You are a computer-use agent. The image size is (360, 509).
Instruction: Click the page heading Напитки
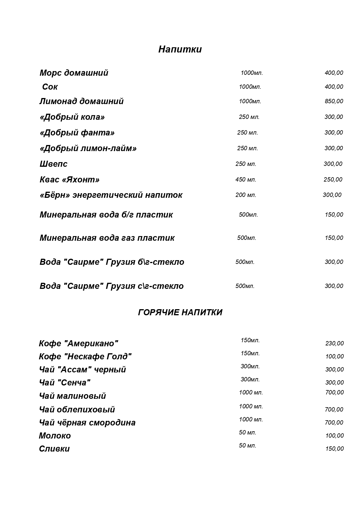[180, 49]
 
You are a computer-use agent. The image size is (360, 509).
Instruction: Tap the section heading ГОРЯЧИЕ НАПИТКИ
[180, 312]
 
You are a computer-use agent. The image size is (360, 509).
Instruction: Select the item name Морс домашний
[74, 73]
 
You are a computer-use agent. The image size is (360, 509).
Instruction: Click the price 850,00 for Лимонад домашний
[334, 101]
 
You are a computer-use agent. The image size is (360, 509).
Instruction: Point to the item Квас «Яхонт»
[69, 180]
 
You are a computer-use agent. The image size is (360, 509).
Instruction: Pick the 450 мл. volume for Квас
[246, 180]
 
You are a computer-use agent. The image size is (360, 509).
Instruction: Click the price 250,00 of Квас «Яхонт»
[333, 180]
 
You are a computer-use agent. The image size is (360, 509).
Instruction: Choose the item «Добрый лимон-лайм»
[88, 148]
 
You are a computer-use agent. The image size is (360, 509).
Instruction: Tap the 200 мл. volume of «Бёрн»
[246, 195]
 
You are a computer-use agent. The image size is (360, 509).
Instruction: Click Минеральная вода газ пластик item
[107, 238]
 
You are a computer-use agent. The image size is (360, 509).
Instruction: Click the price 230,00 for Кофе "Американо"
[334, 343]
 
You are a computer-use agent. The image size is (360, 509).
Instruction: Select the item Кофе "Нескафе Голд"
[85, 356]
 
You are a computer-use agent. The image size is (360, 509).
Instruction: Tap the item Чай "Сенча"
[64, 383]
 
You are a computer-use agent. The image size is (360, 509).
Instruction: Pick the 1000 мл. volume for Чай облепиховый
[251, 406]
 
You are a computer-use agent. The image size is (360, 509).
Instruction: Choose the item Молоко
[55, 436]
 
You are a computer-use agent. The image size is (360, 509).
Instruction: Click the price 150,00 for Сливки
[334, 449]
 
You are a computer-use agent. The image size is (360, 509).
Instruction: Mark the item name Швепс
[53, 164]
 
